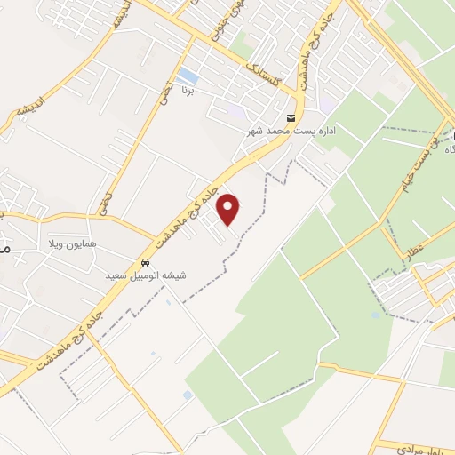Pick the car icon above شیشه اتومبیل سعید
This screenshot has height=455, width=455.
144,263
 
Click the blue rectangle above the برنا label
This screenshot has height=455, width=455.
188,76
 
